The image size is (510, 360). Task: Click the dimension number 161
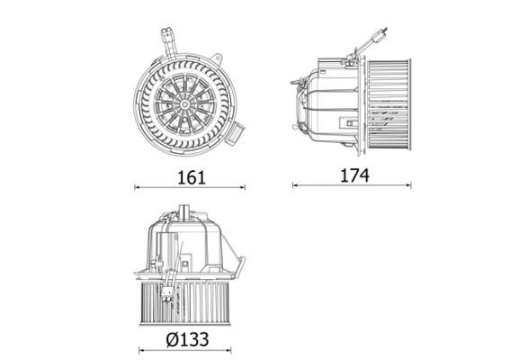click(x=190, y=176)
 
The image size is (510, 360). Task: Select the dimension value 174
click(x=353, y=175)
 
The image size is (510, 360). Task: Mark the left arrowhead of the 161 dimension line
click(x=137, y=188)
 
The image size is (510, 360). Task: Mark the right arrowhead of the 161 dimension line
click(x=243, y=188)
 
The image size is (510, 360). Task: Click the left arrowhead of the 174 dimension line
click(x=295, y=186)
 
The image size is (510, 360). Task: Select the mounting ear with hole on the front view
click(x=218, y=57)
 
